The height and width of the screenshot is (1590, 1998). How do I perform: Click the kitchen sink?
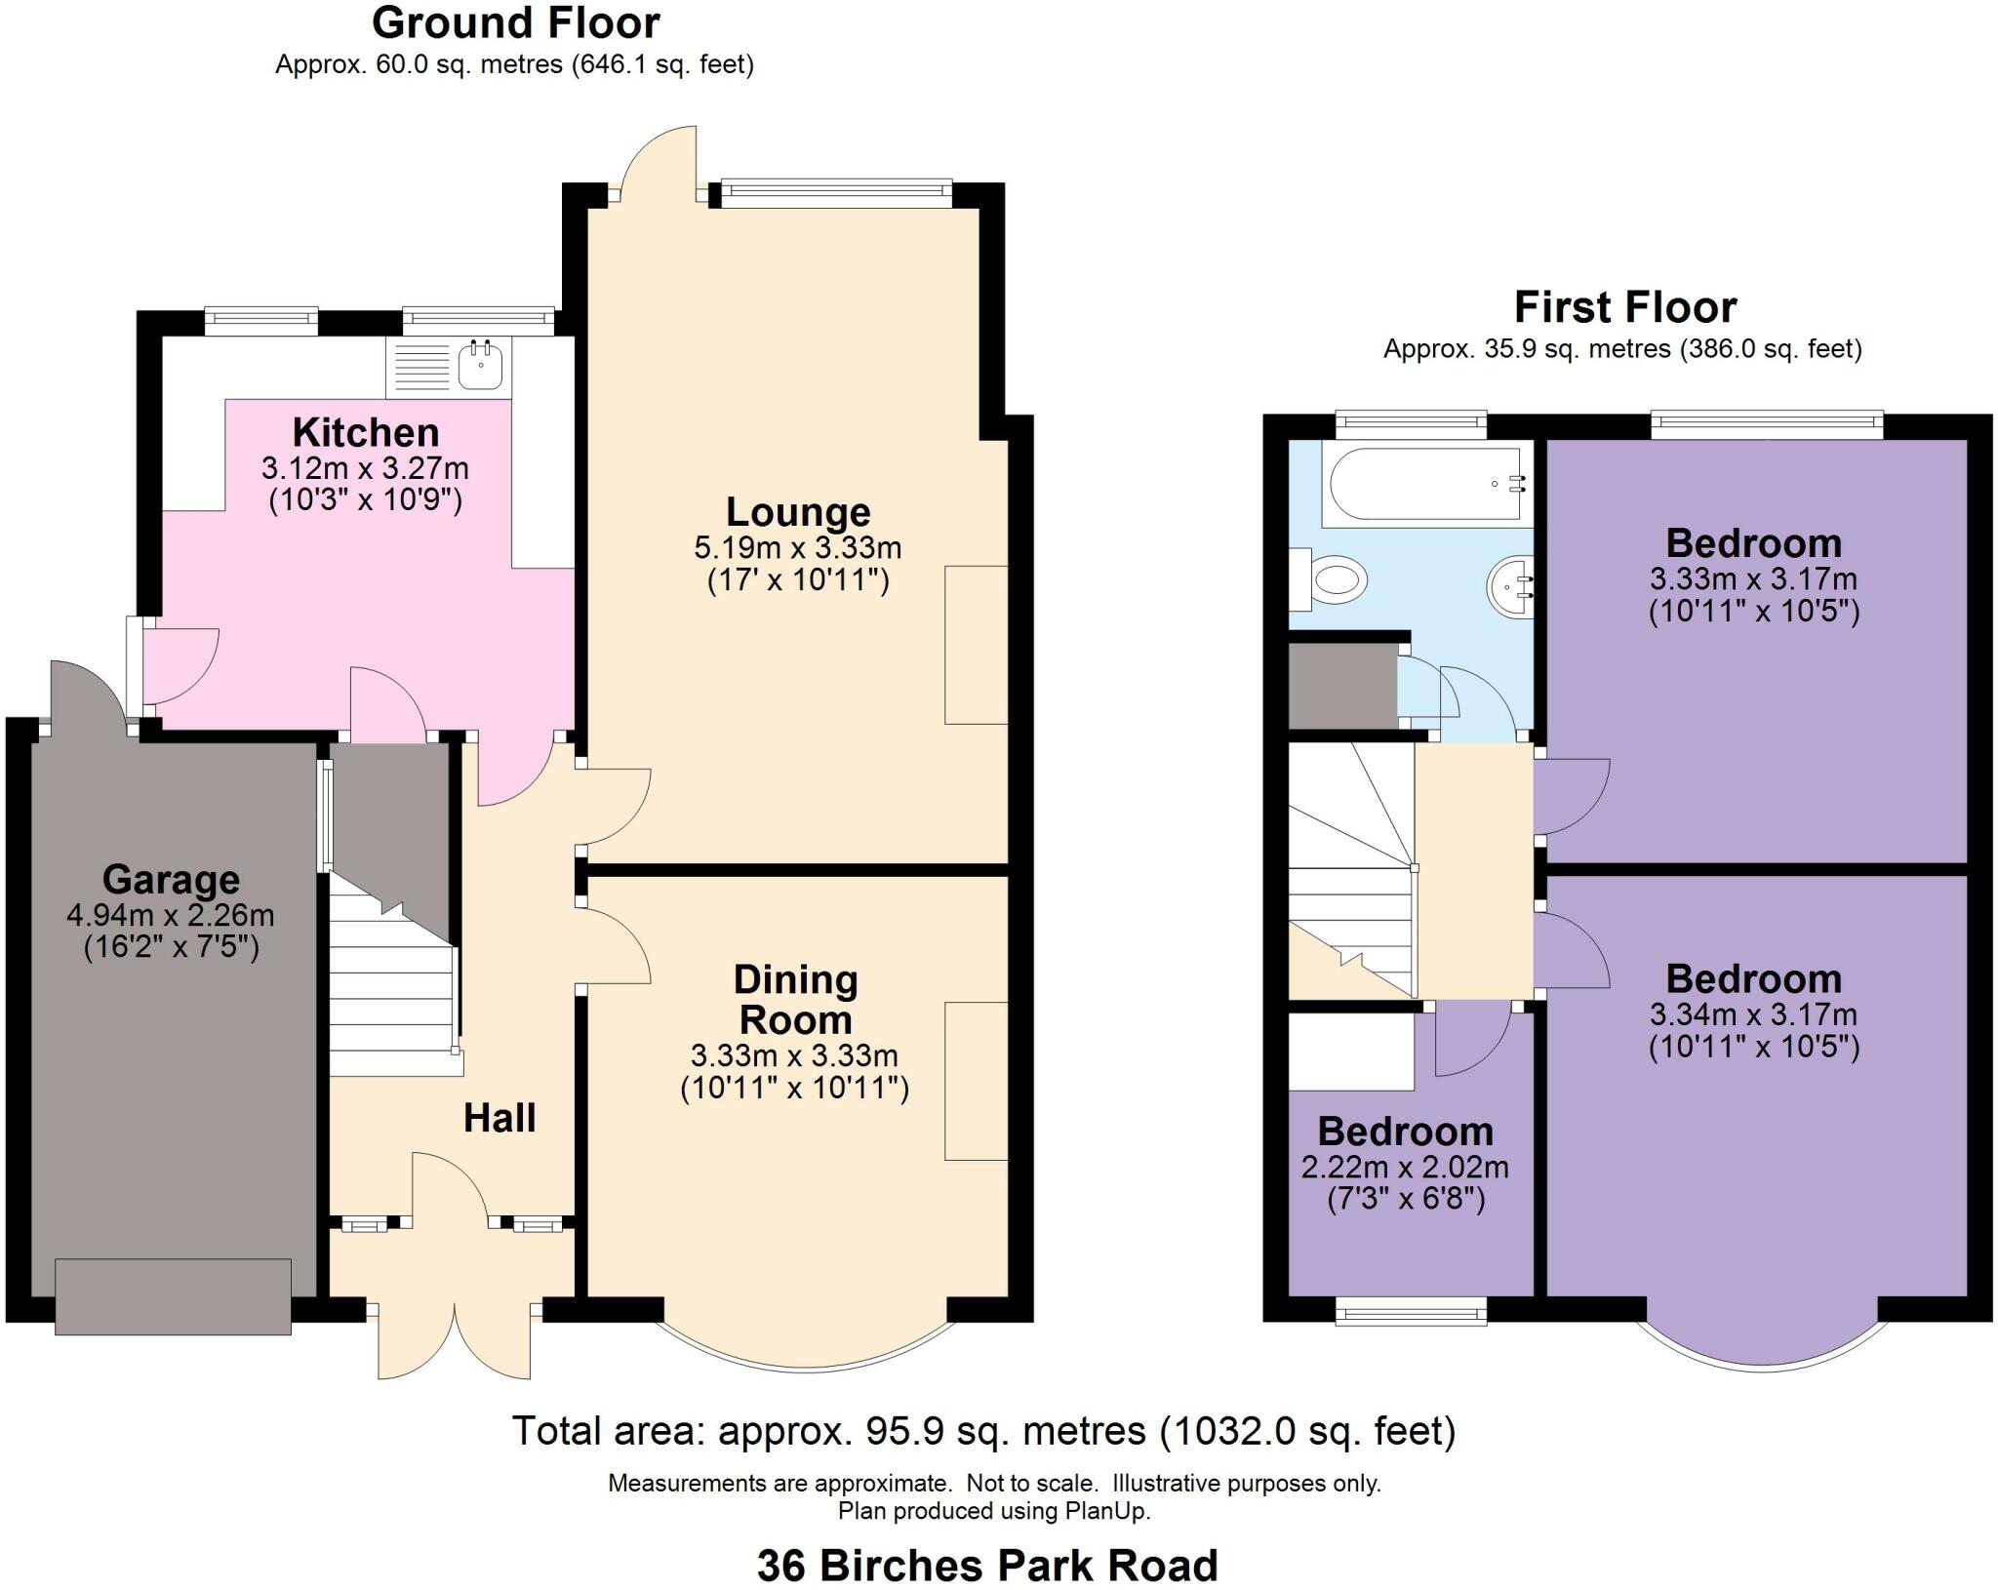pyautogui.click(x=480, y=366)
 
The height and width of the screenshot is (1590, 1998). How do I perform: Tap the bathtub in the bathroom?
pyautogui.click(x=1423, y=484)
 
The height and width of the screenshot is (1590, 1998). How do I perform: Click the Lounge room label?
pyautogui.click(x=797, y=512)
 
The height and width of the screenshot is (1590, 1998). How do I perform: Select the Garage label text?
pyautogui.click(x=171, y=880)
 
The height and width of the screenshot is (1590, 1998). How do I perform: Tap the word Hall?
pyautogui.click(x=499, y=1118)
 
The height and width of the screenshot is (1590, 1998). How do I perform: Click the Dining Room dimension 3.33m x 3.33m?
pyautogui.click(x=794, y=1055)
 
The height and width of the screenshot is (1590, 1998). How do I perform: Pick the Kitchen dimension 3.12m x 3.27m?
pyautogui.click(x=365, y=468)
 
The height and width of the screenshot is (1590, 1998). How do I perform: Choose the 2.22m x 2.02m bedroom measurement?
pyautogui.click(x=1405, y=1167)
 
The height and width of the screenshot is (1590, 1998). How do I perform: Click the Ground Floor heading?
pyautogui.click(x=515, y=23)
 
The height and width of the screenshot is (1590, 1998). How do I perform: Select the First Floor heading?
pyautogui.click(x=1624, y=307)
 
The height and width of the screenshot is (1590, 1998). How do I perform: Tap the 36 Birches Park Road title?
pyautogui.click(x=987, y=1567)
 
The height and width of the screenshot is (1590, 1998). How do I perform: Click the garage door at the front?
pyautogui.click(x=173, y=1295)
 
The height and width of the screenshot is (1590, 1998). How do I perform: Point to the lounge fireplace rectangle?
pyautogui.click(x=975, y=645)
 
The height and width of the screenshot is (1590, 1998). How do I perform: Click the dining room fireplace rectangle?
pyautogui.click(x=975, y=1081)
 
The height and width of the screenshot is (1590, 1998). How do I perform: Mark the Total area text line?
pyautogui.click(x=983, y=1431)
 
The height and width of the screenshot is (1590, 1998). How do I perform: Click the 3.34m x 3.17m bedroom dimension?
pyautogui.click(x=1752, y=1014)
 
